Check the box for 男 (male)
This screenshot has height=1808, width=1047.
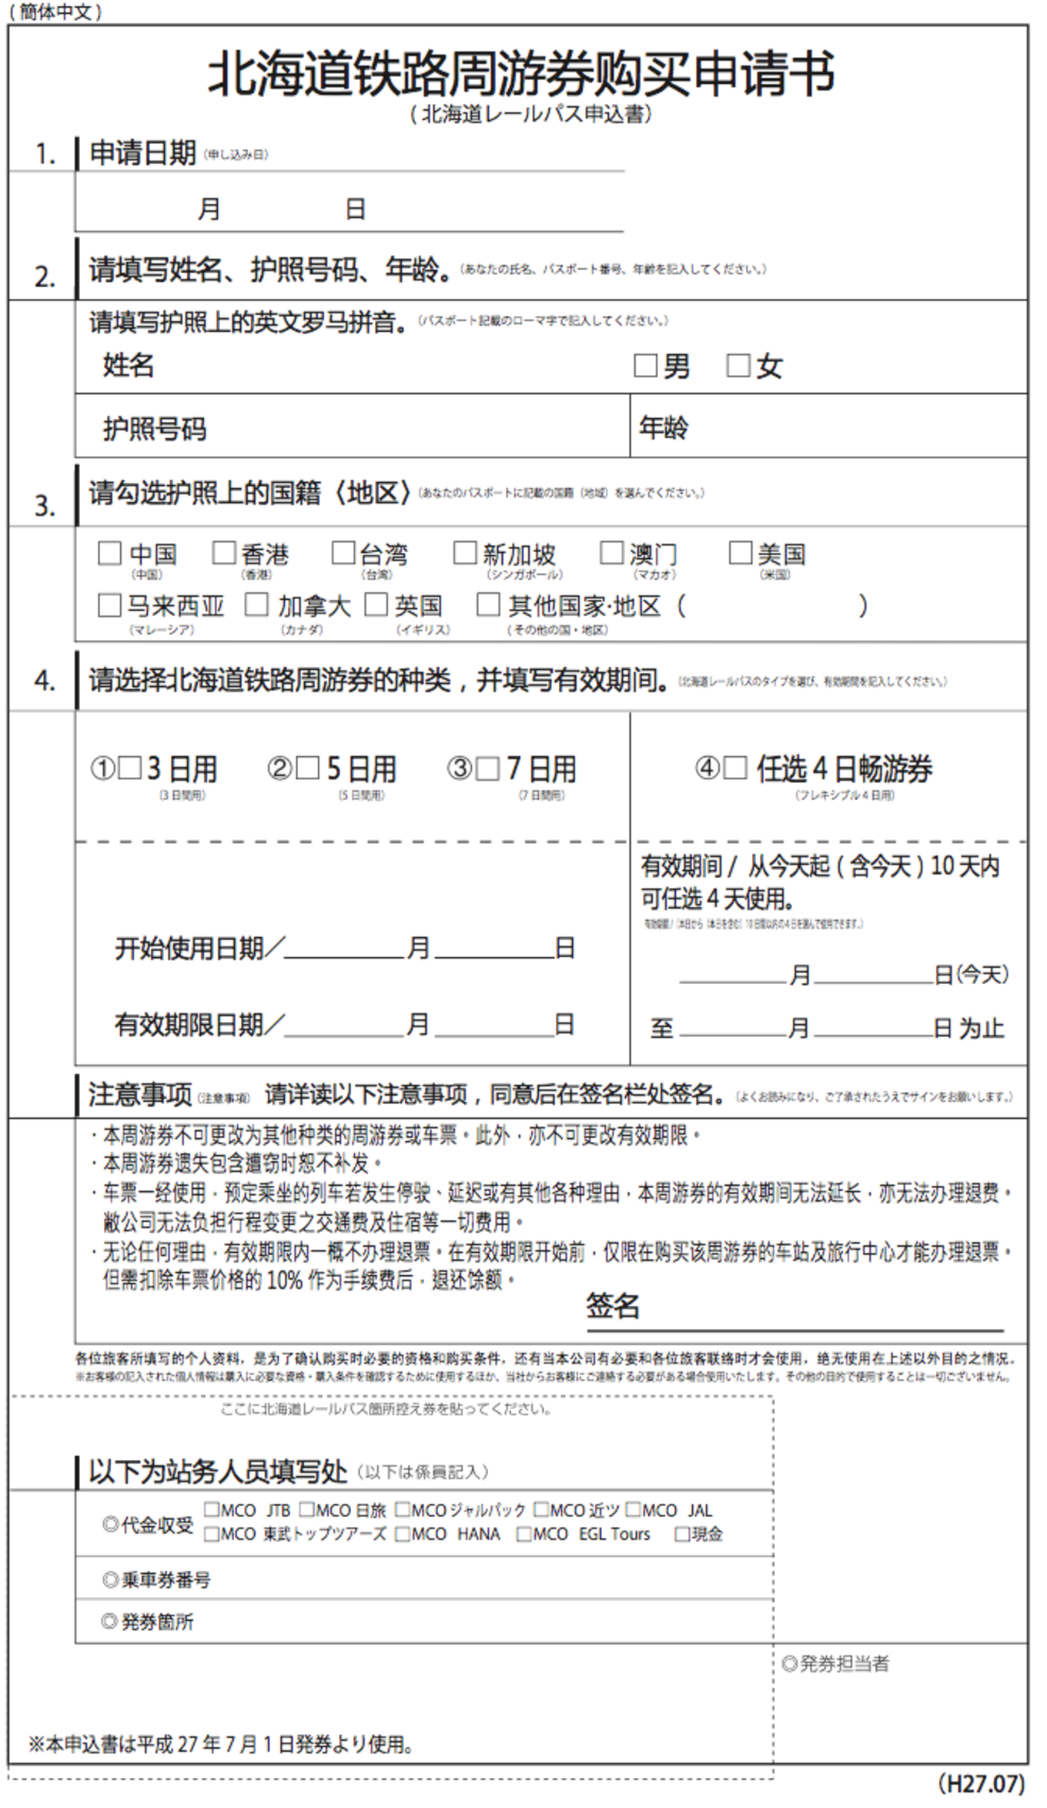pyautogui.click(x=645, y=365)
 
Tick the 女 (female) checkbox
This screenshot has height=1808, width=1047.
pyautogui.click(x=738, y=365)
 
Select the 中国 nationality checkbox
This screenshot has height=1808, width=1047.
pyautogui.click(x=109, y=553)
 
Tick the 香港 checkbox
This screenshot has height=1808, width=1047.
pyautogui.click(x=224, y=552)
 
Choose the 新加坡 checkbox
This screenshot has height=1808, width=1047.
pyautogui.click(x=465, y=552)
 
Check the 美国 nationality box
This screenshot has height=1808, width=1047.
pyautogui.click(x=740, y=552)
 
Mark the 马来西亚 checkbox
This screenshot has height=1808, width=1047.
pyautogui.click(x=109, y=605)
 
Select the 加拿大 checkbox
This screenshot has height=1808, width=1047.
pyautogui.click(x=256, y=604)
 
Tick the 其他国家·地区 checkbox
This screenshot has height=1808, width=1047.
pyautogui.click(x=488, y=604)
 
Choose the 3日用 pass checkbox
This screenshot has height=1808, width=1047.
pyautogui.click(x=129, y=768)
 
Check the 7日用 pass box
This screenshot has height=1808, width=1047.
pyautogui.click(x=487, y=768)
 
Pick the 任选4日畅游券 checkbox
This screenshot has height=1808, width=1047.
pyautogui.click(x=735, y=767)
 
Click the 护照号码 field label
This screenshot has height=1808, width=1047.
pyautogui.click(x=155, y=429)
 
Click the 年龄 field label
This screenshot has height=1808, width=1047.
pyautogui.click(x=664, y=427)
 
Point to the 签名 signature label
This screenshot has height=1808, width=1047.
pyautogui.click(x=613, y=1306)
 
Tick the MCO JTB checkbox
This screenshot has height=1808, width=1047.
pyautogui.click(x=212, y=1509)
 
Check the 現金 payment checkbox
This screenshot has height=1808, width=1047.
pyautogui.click(x=681, y=1535)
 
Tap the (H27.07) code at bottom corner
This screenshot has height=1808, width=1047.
pyautogui.click(x=981, y=1783)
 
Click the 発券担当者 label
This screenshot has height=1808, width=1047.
pyautogui.click(x=836, y=1663)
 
